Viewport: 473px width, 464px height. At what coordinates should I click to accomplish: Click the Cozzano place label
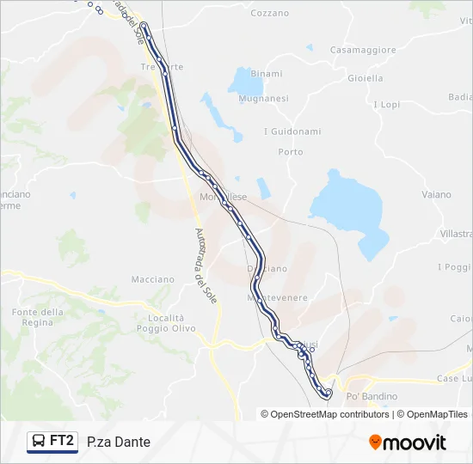pos(269,13)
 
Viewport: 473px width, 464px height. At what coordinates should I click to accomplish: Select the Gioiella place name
pos(365,77)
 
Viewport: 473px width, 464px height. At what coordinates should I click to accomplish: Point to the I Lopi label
pos(386,105)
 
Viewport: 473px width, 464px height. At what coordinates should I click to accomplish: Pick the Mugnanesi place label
pos(264,99)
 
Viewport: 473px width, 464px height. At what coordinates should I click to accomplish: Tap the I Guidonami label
pos(292,131)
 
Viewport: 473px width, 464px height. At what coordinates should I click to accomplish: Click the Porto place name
pos(291,152)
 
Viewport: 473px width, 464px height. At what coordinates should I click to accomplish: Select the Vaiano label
pos(436,195)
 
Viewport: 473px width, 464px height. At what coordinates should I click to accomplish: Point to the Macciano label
pos(152,279)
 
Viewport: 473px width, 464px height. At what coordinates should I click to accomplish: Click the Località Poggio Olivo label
pos(166,323)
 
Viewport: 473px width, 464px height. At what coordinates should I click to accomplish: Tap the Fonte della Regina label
pos(39,316)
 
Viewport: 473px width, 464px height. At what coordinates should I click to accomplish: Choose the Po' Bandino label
pos(372,396)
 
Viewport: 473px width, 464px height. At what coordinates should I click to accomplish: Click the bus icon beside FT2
pos(40,442)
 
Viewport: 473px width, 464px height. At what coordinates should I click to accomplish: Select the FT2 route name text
pos(62,442)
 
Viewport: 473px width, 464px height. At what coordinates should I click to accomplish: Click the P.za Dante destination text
pos(119,443)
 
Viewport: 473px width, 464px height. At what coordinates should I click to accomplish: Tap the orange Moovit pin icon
pos(375,443)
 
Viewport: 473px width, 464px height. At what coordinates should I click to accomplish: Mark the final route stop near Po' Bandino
pos(328,394)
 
